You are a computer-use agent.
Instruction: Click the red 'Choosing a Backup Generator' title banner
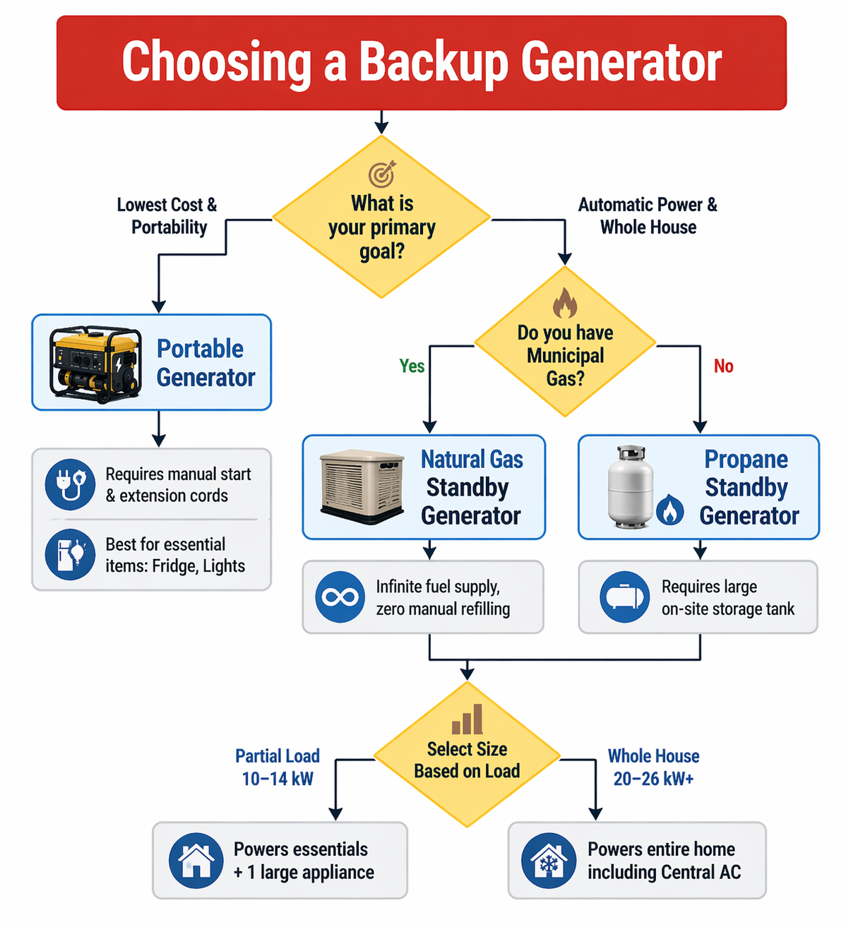coord(422,63)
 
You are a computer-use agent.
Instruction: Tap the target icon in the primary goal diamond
coord(381,174)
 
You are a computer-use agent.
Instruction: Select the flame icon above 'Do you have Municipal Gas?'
coord(565,304)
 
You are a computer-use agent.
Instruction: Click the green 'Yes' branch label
coord(412,366)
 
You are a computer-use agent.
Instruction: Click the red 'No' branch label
coord(723,366)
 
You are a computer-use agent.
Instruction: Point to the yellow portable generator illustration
coord(95,363)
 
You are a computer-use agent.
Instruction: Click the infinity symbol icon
coord(340,597)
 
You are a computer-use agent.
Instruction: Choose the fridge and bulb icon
coord(70,554)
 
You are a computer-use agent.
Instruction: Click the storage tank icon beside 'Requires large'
coord(624,597)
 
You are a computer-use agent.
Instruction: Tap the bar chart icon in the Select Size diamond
coord(467,719)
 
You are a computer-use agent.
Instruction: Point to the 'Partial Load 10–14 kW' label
coord(278,767)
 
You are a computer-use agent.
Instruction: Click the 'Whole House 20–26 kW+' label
coord(653,767)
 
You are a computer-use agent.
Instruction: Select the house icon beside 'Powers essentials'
coord(196,861)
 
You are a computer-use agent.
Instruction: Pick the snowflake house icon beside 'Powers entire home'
coord(548,861)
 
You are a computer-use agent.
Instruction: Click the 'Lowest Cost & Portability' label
coord(167,216)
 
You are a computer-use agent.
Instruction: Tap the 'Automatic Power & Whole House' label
coord(648,216)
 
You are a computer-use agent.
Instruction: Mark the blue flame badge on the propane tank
coord(669,510)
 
